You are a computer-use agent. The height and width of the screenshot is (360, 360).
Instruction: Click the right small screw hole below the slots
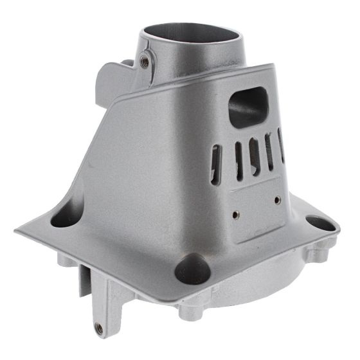[x=277, y=200]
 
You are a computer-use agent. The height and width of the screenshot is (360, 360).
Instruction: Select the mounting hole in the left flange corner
[x=64, y=217]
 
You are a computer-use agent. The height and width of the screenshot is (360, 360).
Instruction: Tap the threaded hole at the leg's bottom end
[x=98, y=328]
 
